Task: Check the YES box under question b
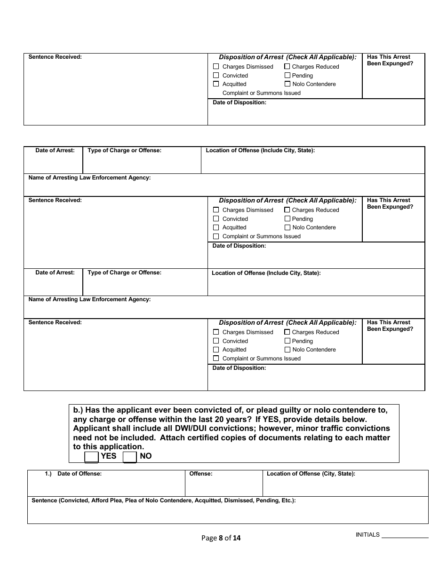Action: pos(91,457)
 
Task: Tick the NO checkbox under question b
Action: pos(129,457)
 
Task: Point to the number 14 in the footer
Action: pos(236,538)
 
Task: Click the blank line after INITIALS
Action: pos(405,536)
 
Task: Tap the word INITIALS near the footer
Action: pos(367,535)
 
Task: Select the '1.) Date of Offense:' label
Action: pos(73,474)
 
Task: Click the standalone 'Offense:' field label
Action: pos(201,474)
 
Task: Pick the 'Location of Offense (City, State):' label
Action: pos(311,474)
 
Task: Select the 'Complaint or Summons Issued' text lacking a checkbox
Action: pos(261,93)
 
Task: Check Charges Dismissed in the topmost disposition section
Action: pos(216,67)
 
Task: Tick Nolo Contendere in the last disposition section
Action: pos(287,350)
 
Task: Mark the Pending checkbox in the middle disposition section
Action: pos(287,219)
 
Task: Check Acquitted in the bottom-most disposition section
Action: pos(216,350)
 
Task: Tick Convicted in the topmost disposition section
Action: pos(216,76)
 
